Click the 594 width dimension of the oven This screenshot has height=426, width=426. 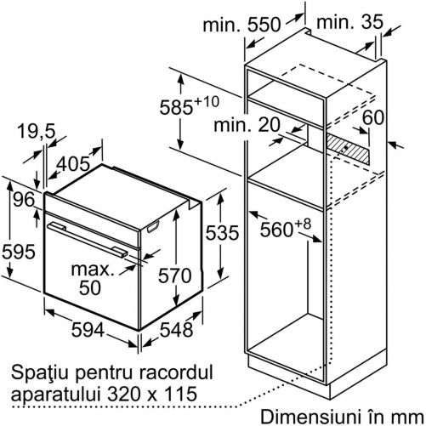click(88, 330)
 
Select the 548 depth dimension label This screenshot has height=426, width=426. click(176, 330)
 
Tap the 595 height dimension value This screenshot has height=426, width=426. click(19, 252)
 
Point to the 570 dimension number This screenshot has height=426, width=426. click(175, 275)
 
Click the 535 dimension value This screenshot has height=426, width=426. click(222, 233)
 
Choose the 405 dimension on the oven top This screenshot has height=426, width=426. click(73, 163)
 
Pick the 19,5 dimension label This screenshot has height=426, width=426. click(36, 131)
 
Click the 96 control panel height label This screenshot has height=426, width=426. click(24, 199)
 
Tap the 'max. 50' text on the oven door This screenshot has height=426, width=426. click(92, 279)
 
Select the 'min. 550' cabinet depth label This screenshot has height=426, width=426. click(241, 25)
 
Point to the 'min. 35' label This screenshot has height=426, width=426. click(349, 21)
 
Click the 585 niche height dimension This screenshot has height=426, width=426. click(190, 105)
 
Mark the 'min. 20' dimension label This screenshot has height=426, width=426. click(247, 124)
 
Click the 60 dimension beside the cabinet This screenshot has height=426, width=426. click(373, 117)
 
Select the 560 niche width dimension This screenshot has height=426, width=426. click(286, 228)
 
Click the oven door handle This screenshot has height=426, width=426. click(88, 240)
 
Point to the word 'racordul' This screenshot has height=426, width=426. click(176, 372)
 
